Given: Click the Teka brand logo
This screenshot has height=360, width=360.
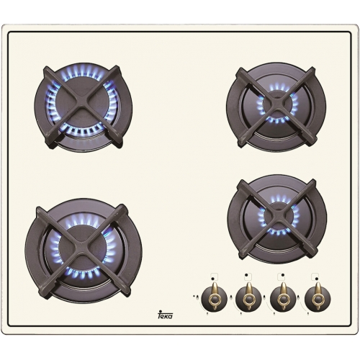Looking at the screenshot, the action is [x=166, y=314].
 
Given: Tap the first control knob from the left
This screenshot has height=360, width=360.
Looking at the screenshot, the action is [x=214, y=298].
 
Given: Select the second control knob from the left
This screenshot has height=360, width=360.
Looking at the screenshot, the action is [x=248, y=298].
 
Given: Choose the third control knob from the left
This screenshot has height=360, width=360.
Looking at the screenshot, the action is [x=283, y=298].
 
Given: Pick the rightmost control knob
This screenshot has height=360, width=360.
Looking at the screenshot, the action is [x=318, y=298].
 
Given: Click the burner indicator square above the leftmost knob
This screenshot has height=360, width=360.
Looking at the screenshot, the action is [x=214, y=276].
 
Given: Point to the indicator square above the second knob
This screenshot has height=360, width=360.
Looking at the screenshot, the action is [x=248, y=276].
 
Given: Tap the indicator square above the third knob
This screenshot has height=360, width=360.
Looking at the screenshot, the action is [x=282, y=276].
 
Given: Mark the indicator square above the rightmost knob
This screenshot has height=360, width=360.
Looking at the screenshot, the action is [x=315, y=276].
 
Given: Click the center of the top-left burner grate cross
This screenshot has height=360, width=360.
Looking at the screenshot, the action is [x=84, y=107].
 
